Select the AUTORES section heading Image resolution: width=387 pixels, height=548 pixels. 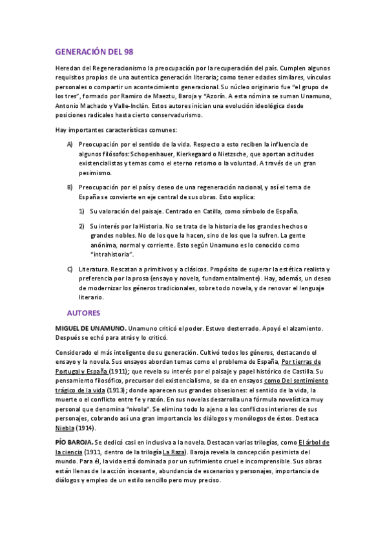coord(84,313)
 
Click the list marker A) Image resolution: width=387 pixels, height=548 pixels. coord(70,144)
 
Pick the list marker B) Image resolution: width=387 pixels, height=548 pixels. coord(70,187)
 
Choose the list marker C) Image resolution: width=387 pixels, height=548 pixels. coord(70,268)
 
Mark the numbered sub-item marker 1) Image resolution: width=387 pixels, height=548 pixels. coord(82,211)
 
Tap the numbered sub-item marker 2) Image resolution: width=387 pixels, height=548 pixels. coord(82,226)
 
